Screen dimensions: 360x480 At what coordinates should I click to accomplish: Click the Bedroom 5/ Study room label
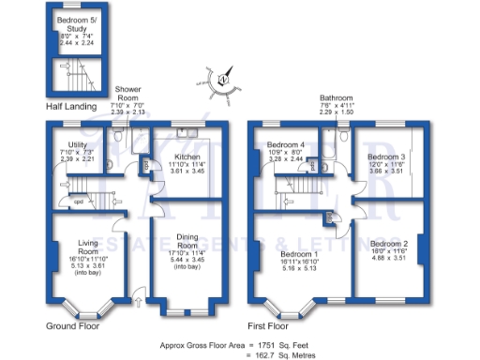tap(71, 23)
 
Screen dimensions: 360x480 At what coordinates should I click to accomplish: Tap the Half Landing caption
tap(73, 106)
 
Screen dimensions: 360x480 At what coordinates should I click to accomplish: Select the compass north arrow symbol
tap(225, 80)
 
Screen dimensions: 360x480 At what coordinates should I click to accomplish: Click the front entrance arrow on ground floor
tap(140, 302)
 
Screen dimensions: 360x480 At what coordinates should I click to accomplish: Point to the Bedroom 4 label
tap(285, 144)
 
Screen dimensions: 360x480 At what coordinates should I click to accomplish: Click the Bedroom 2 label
tap(385, 242)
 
